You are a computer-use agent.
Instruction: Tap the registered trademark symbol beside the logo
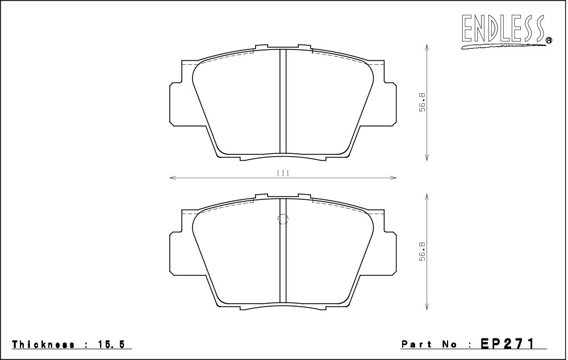[549, 41]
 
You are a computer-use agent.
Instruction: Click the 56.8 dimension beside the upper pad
[423, 102]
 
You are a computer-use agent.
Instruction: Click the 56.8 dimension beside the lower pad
[423, 252]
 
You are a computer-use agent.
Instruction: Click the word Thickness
[44, 344]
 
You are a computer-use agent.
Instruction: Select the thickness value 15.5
[110, 344]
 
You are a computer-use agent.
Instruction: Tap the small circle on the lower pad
[282, 219]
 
